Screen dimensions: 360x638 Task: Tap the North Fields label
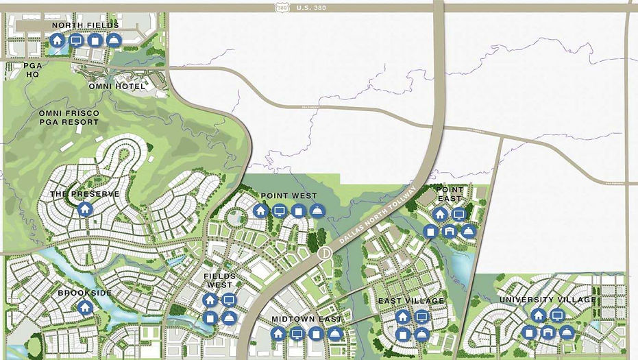coord(85,25)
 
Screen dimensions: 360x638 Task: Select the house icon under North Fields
coord(57,40)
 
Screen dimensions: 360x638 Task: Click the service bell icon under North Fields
coord(114,40)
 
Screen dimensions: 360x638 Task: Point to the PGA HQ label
coord(32,70)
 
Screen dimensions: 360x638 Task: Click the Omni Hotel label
coord(116,86)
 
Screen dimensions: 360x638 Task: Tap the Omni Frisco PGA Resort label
coord(69,117)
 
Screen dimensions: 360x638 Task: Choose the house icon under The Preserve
coord(85,208)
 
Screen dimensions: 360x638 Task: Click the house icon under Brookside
coord(85,307)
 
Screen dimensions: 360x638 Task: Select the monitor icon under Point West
coord(279,211)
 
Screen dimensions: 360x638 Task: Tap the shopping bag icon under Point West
coord(297,211)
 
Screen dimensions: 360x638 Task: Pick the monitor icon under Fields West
coord(229,300)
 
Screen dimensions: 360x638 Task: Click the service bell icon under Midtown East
coord(334,334)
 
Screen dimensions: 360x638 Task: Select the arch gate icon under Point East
coord(449,231)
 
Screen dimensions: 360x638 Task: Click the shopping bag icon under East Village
coord(403,334)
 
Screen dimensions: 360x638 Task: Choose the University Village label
coord(547,300)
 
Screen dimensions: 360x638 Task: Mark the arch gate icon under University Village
coord(547,333)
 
